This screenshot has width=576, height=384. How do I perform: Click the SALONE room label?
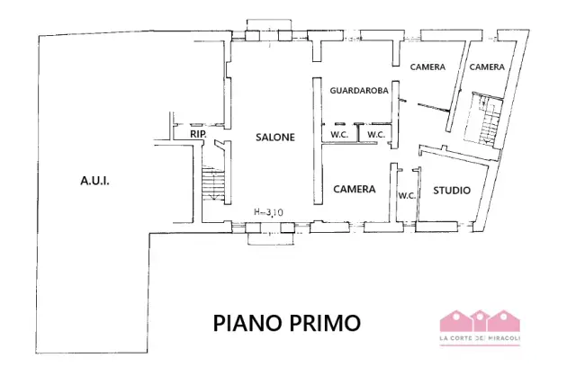[x=275, y=138]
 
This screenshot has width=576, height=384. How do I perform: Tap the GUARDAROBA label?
[x=359, y=90]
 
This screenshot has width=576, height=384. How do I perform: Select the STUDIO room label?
[x=452, y=190]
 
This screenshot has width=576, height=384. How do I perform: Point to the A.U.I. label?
[x=94, y=181]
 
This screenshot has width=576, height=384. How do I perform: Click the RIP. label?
[x=198, y=134]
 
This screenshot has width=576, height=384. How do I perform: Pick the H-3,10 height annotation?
[x=268, y=212]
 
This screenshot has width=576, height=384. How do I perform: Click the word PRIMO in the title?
[x=325, y=323]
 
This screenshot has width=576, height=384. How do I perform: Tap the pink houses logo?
[x=480, y=320]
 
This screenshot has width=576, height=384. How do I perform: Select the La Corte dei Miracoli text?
[x=480, y=338]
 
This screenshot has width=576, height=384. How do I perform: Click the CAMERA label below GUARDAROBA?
[x=354, y=189]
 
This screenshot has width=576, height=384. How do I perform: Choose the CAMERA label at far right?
[x=487, y=67]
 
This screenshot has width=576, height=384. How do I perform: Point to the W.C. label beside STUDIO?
[x=407, y=196]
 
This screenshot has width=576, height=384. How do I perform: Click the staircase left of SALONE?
[x=213, y=183]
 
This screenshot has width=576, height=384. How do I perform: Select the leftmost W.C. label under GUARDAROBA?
[x=339, y=135]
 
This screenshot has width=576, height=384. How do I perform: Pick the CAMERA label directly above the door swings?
[x=427, y=67]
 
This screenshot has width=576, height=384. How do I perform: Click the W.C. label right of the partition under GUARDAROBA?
[x=376, y=135]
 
